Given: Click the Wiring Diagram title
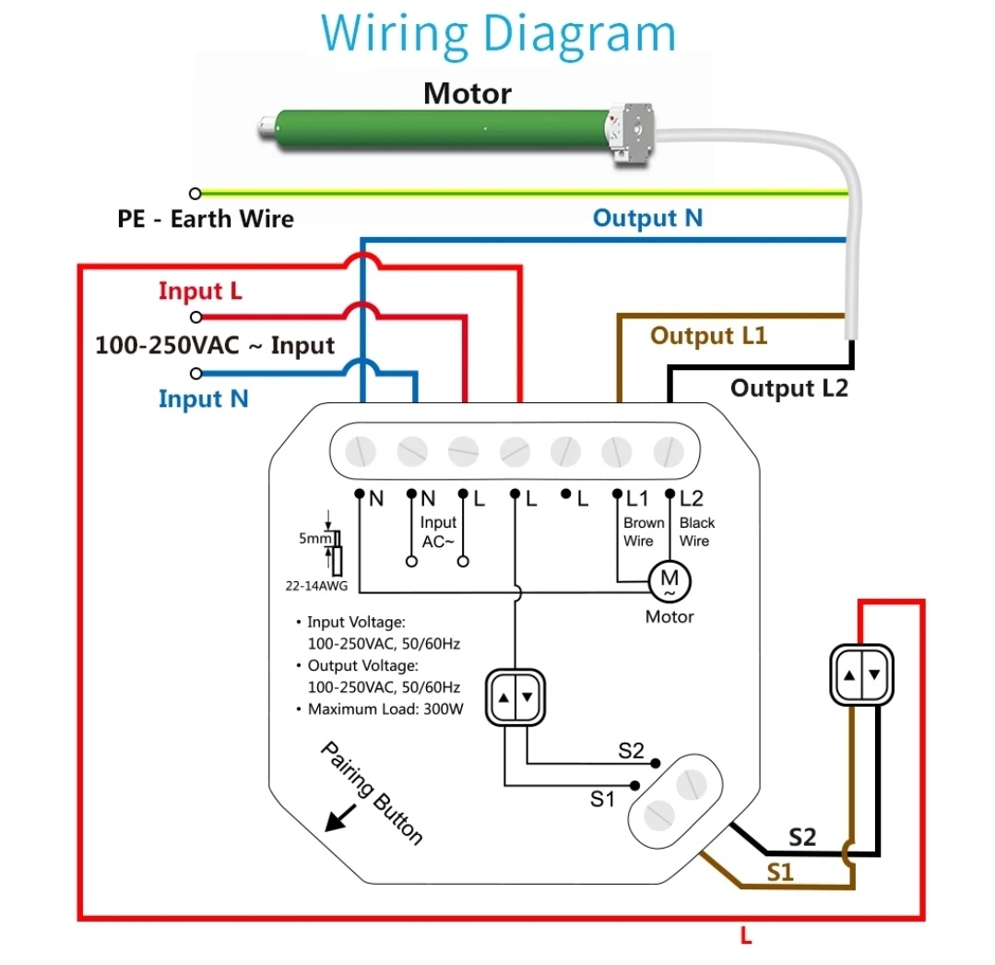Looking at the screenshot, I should pyautogui.click(x=498, y=34).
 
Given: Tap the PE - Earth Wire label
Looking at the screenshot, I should pyautogui.click(x=206, y=220).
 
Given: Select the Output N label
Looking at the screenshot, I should pyautogui.click(x=647, y=219).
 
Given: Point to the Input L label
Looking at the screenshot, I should pyautogui.click(x=200, y=292).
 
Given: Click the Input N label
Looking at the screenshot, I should pyautogui.click(x=203, y=399).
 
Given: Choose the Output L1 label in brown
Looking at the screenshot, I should pyautogui.click(x=708, y=336).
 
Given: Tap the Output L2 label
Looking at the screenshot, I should pyautogui.click(x=788, y=388).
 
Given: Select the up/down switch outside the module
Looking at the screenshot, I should pyautogui.click(x=861, y=675).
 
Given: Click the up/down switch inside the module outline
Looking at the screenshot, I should pyautogui.click(x=515, y=697).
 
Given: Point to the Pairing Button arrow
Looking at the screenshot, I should pyautogui.click(x=338, y=816).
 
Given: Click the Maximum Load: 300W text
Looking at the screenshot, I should pyautogui.click(x=385, y=709).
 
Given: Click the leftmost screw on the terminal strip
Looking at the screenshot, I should pyautogui.click(x=361, y=451).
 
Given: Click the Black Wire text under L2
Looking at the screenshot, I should pyautogui.click(x=696, y=532).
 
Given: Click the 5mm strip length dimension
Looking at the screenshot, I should pyautogui.click(x=310, y=539).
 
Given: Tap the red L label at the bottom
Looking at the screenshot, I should pyautogui.click(x=746, y=937).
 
